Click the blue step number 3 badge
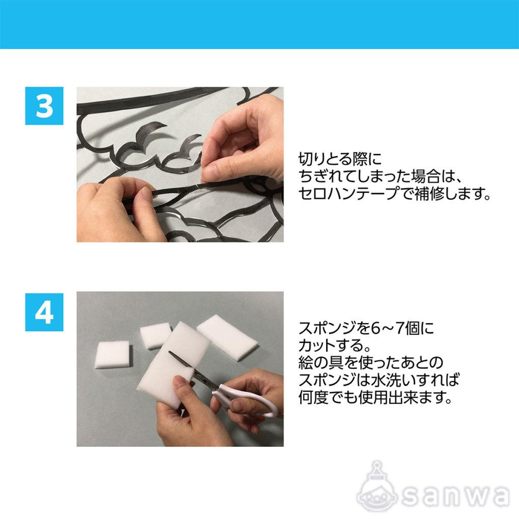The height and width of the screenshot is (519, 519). tap(44, 106)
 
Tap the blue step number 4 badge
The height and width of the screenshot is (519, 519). tap(44, 312)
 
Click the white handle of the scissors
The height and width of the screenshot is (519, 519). tap(249, 399)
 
